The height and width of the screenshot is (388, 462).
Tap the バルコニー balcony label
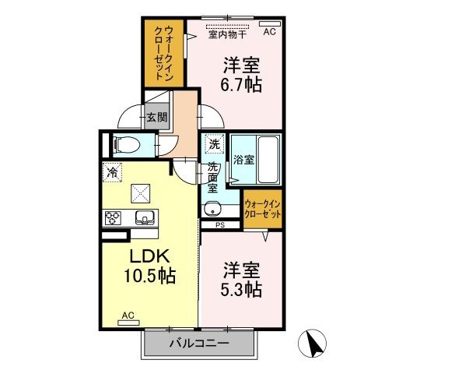click(x=198, y=343)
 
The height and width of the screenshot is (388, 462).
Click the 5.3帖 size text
click(x=242, y=290)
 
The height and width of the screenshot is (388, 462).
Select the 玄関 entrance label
click(x=156, y=118)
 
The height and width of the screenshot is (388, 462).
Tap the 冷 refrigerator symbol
click(x=112, y=173)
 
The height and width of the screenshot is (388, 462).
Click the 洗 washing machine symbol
click(x=213, y=143)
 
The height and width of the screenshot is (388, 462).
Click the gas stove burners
click(x=113, y=217)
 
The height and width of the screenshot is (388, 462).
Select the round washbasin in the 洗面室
click(x=211, y=208)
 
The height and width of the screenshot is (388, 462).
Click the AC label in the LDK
click(x=128, y=316)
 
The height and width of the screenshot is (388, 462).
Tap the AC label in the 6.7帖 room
click(x=269, y=32)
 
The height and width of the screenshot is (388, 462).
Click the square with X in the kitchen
click(x=141, y=192)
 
